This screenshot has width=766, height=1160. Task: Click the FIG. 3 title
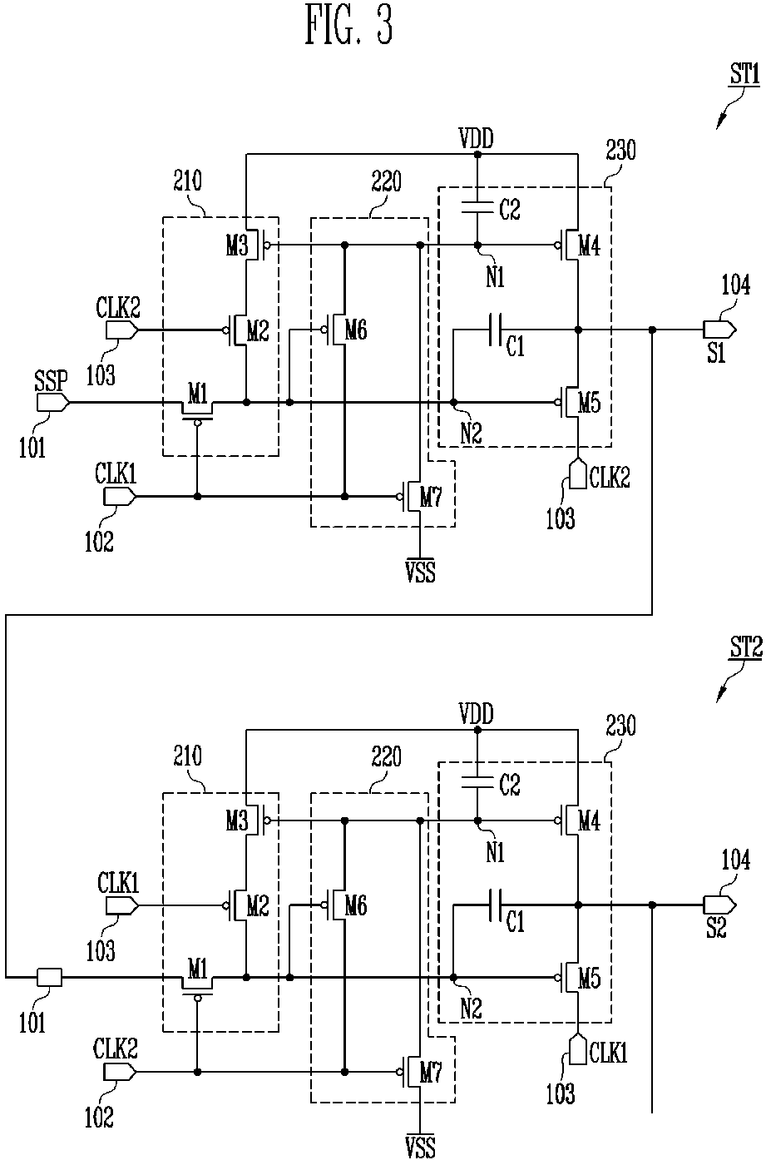pyautogui.click(x=348, y=24)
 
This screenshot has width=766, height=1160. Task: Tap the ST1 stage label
pyautogui.click(x=744, y=73)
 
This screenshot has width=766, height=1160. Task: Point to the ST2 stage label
pyautogui.click(x=746, y=647)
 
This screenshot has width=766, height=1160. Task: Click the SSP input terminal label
pyautogui.click(x=52, y=380)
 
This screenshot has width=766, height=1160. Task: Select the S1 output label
pyautogui.click(x=717, y=353)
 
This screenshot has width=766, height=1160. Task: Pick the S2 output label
pyautogui.click(x=717, y=928)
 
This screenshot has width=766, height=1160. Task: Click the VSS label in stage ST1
pyautogui.click(x=420, y=572)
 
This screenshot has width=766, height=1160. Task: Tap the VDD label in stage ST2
pyautogui.click(x=477, y=714)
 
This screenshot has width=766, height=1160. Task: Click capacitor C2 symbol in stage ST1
pyautogui.click(x=477, y=207)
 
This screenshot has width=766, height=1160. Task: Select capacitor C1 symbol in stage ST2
pyautogui.click(x=495, y=905)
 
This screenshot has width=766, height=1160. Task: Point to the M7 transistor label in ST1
pyautogui.click(x=431, y=498)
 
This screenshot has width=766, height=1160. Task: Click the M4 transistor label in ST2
pyautogui.click(x=589, y=820)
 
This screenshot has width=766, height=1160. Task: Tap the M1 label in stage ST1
pyautogui.click(x=197, y=395)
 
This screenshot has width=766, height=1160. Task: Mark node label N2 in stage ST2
pyautogui.click(x=471, y=1008)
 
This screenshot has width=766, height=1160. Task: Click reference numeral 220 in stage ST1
pyautogui.click(x=386, y=181)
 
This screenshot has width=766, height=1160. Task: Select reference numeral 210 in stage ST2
pyautogui.click(x=187, y=756)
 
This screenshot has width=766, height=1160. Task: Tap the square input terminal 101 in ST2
pyautogui.click(x=50, y=977)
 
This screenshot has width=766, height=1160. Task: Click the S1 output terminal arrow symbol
pyautogui.click(x=719, y=329)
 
